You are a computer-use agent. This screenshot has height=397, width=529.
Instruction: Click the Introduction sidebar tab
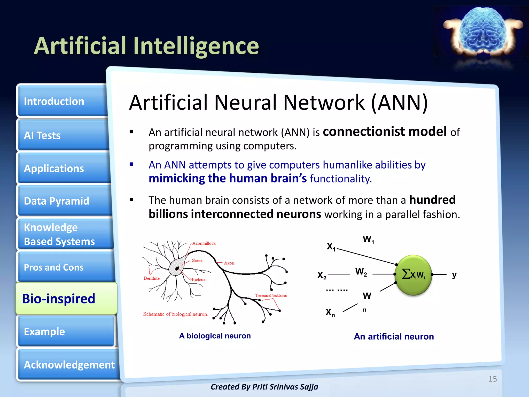[x=62, y=101]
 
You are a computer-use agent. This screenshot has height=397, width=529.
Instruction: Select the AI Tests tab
[x=62, y=135]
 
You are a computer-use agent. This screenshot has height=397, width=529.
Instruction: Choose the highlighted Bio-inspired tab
[x=66, y=299]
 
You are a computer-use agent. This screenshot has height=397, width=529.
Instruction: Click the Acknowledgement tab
[x=68, y=365]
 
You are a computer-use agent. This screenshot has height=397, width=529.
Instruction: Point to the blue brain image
[x=483, y=30]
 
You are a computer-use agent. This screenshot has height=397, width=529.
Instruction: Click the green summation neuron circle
[x=414, y=275]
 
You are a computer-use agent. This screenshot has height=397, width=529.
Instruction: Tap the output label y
[x=454, y=274]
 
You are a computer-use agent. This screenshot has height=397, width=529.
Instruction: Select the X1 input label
[x=331, y=246]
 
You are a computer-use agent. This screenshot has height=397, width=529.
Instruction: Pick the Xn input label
[x=330, y=312]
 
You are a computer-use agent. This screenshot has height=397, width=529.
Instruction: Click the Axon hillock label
[x=204, y=243]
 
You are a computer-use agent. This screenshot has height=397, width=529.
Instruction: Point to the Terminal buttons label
[x=271, y=295]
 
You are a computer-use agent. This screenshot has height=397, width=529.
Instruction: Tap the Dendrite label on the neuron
[x=152, y=278]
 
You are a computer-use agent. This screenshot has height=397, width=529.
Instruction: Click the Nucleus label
[x=198, y=280]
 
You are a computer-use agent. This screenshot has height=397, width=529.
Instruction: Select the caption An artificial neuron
[x=394, y=337]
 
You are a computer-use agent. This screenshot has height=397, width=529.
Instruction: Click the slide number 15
[x=492, y=379]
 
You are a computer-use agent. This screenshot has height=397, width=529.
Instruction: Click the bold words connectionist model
[x=384, y=131]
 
